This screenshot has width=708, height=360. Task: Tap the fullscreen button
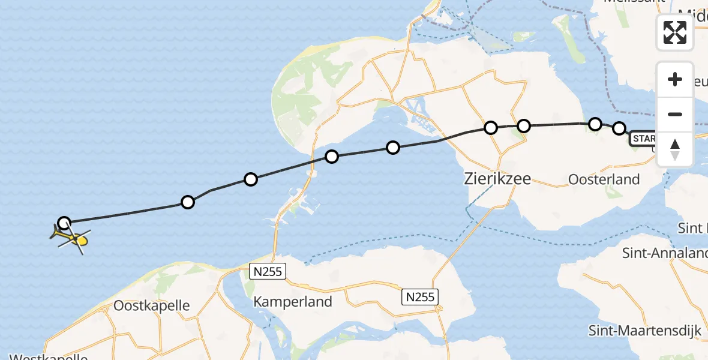pos(675,32)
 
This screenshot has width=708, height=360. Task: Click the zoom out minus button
pos(675,114)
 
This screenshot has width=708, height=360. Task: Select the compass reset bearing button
pos(675,149)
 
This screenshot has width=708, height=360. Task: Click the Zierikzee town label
pos(497,178)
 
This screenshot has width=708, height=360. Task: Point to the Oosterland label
pos(604,179)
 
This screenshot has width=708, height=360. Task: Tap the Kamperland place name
pos(293,301)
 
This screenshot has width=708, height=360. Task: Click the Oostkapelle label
pos(152,305)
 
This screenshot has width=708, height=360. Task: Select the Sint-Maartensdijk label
pos(644,330)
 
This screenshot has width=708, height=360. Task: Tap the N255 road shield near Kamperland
pos(268,271)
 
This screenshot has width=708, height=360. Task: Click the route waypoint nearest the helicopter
pos(64,223)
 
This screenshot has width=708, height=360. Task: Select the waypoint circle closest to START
pos(619,128)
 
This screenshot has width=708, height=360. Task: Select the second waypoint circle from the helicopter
pos(188,202)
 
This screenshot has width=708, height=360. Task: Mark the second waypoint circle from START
pos(595,124)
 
